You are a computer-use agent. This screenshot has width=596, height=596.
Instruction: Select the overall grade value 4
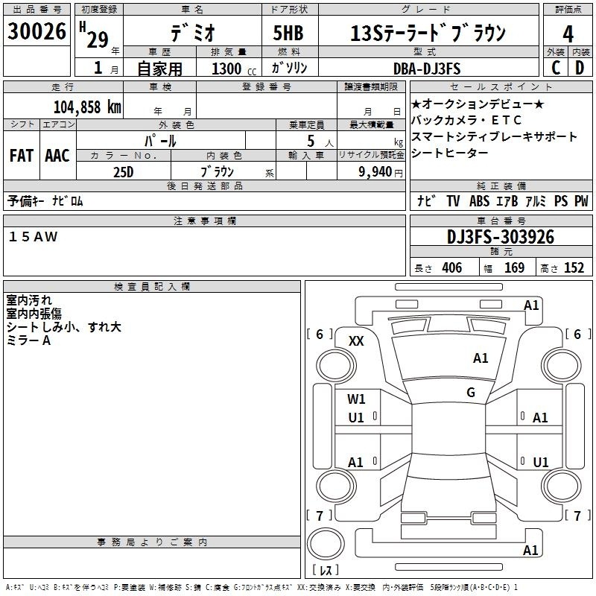tap(568, 34)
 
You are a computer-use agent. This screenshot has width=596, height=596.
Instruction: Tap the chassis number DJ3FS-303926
tap(501, 237)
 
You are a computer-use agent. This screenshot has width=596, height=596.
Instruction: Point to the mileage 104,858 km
tap(88, 107)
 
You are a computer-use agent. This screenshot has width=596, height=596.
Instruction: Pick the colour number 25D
tap(123, 171)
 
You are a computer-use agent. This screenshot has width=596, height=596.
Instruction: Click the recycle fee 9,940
tap(377, 172)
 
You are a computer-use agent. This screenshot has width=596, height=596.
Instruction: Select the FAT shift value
tap(21, 156)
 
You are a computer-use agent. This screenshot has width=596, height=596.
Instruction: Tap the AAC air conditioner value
tap(57, 156)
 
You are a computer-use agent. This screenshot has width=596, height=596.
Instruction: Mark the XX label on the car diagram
tap(356, 340)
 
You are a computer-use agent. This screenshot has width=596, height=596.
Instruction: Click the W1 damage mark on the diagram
tap(356, 399)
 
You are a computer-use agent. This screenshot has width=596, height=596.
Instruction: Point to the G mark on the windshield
tap(471, 392)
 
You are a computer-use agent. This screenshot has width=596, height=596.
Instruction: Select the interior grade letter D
tap(580, 69)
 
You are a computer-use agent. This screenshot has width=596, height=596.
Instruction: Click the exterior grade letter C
tap(555, 69)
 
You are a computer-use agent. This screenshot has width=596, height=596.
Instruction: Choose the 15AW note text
tap(33, 236)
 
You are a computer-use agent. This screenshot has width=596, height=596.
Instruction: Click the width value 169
tap(514, 268)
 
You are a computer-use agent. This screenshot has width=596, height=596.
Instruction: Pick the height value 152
tap(574, 268)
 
